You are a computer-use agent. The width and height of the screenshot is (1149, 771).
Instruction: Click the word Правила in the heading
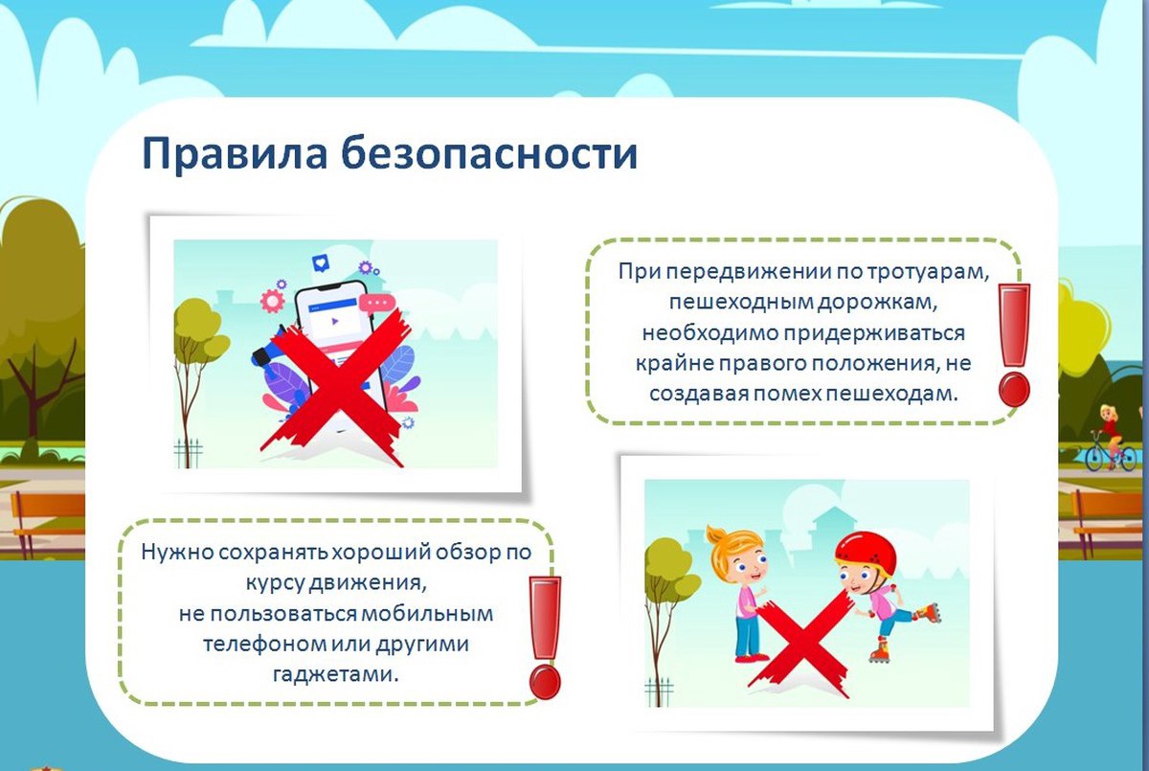point(235,154)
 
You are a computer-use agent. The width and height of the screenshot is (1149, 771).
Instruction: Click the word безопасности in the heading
point(490,152)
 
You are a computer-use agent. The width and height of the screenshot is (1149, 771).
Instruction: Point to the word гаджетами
point(336,674)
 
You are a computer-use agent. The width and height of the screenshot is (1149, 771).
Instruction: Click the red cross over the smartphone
point(334,389)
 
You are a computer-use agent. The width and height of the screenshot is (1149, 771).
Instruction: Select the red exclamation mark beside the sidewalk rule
point(1014,345)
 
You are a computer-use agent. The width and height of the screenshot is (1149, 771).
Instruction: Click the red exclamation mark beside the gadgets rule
point(545,638)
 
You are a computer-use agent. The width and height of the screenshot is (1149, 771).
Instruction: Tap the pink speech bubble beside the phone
point(377,304)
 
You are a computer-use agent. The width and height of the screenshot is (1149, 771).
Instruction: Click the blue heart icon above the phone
point(321,263)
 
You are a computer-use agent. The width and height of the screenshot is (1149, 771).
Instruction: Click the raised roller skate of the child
point(928,613)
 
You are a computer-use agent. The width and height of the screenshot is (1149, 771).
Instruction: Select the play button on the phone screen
point(335,321)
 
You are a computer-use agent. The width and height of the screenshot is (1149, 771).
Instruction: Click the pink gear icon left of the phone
point(272,301)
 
